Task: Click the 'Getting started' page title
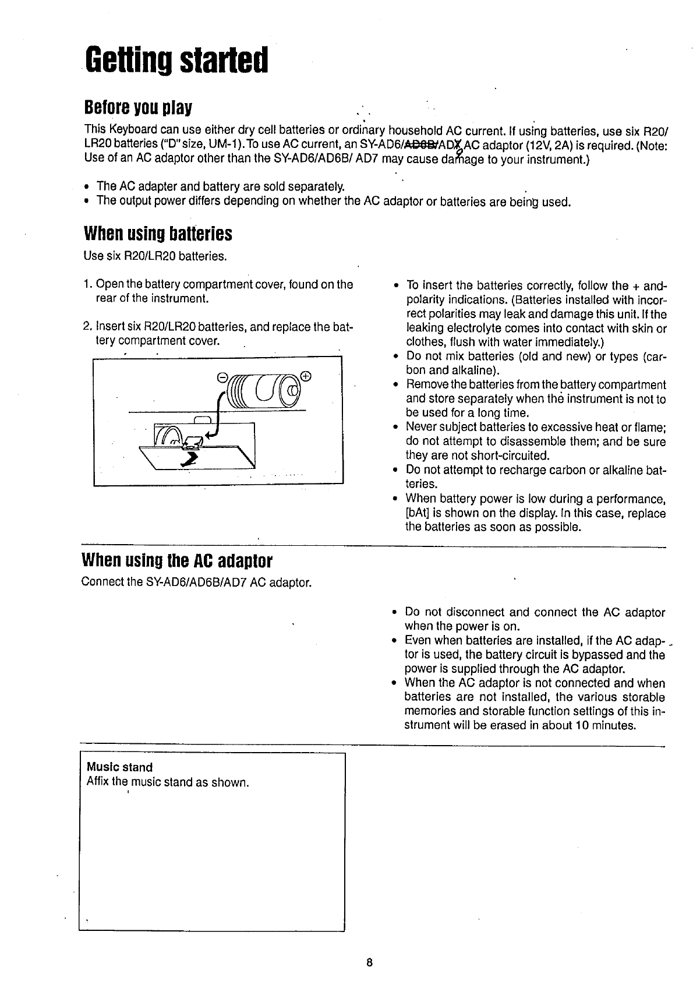click(176, 61)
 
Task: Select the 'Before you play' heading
click(138, 108)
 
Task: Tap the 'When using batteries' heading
click(158, 234)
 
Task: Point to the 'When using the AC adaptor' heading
click(178, 561)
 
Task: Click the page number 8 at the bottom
click(369, 962)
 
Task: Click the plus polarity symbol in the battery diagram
click(307, 375)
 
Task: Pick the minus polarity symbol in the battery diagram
click(221, 377)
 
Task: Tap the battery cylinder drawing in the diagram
click(265, 389)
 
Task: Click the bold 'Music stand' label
click(119, 767)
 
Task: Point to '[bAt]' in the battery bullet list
click(417, 513)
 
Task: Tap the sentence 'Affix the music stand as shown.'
click(167, 782)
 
